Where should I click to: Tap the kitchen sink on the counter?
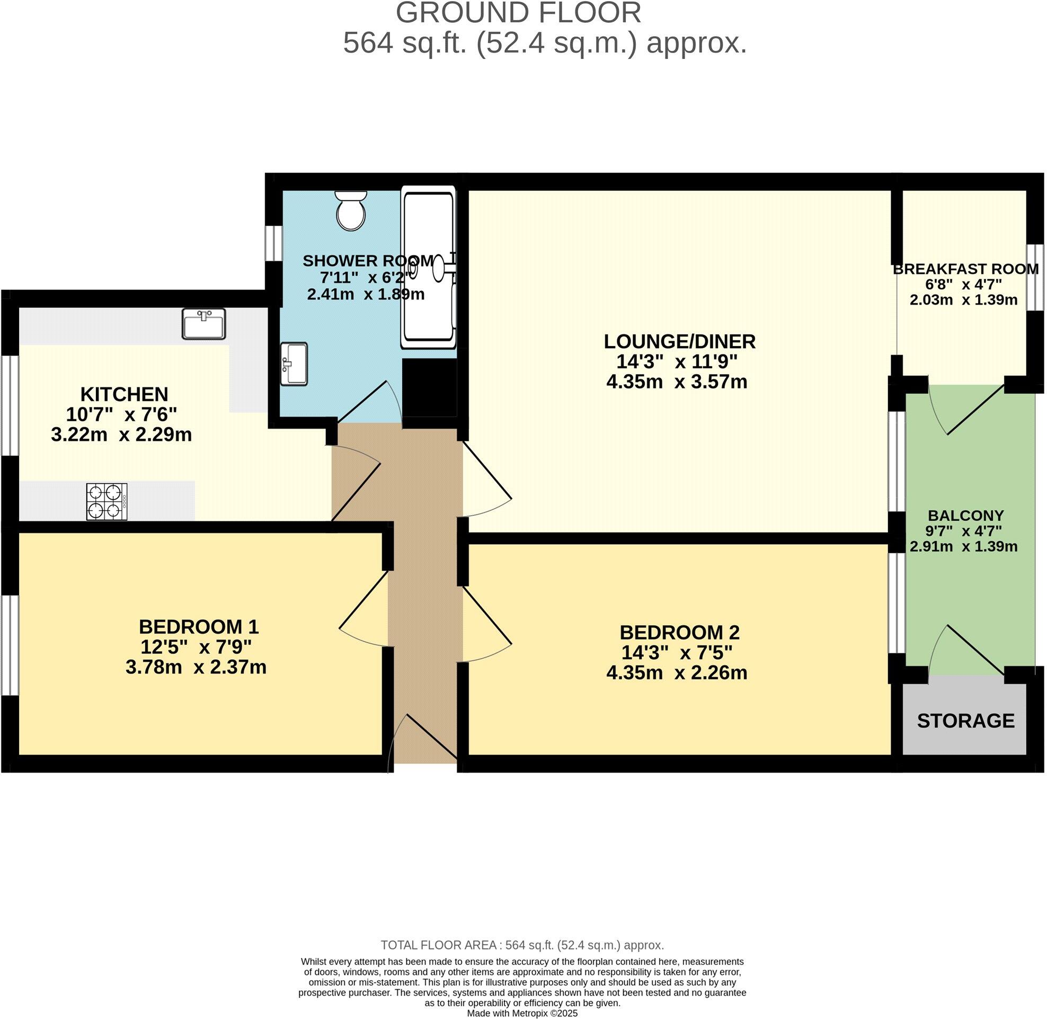point(203,324)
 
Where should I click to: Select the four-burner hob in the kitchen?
point(107,501)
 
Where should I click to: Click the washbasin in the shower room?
point(294,364)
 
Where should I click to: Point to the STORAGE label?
point(965,721)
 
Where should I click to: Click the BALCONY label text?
point(965,516)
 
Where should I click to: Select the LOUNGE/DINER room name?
point(680,341)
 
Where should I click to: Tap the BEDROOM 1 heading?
point(199,626)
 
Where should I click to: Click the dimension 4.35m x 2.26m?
point(677,673)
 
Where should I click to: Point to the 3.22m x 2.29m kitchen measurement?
point(121,434)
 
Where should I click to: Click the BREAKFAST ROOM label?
point(965,269)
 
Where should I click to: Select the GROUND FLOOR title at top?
point(518,13)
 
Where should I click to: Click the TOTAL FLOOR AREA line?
point(522,945)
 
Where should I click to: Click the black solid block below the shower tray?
point(429,387)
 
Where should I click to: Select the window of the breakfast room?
point(1035,277)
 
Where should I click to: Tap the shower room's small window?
point(274,244)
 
